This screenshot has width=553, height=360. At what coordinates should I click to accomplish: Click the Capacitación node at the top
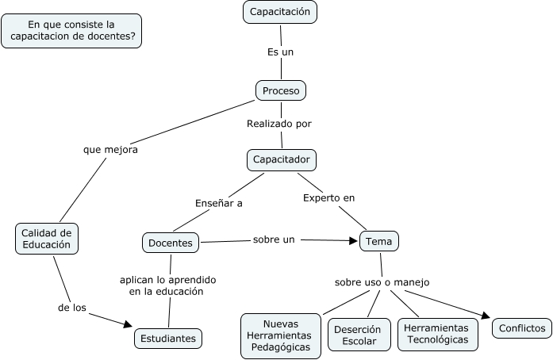point(280,12)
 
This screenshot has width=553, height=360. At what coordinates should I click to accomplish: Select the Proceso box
point(281,90)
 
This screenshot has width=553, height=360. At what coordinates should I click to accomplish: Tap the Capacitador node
point(282,159)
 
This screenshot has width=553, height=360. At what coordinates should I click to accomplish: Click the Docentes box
point(171,243)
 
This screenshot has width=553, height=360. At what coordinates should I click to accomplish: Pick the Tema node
point(379,241)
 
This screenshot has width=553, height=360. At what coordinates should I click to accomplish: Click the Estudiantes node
point(168,338)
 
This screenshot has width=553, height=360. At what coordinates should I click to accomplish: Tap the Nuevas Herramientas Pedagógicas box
point(281,335)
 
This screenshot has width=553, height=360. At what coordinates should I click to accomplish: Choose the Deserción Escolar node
point(359,335)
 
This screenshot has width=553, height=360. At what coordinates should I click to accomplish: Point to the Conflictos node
point(522,327)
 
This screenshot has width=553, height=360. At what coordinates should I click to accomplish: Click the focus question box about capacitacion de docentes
point(72,31)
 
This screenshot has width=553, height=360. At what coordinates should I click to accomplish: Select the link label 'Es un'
point(280,52)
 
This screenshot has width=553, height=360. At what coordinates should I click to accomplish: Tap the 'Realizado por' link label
point(279,124)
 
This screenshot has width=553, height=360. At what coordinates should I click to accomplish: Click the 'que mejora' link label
point(110,150)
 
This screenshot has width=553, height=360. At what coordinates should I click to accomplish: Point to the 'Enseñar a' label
point(218,203)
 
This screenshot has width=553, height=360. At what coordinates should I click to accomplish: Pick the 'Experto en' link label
point(328,197)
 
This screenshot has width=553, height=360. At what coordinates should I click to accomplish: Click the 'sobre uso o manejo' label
point(382,282)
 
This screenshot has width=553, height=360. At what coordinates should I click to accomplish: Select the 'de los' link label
point(72,307)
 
